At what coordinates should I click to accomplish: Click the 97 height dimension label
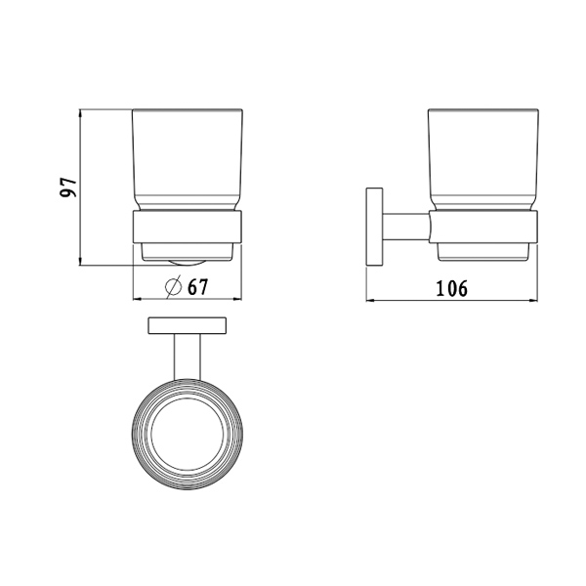tap(68, 188)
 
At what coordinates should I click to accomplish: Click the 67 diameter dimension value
tap(197, 287)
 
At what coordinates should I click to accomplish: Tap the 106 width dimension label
tap(452, 288)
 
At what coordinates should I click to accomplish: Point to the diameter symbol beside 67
tap(174, 287)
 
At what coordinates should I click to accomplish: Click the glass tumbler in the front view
tap(188, 160)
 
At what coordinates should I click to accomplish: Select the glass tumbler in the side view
tap(483, 160)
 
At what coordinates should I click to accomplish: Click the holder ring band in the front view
tap(188, 228)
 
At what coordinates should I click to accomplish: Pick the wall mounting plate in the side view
tap(374, 228)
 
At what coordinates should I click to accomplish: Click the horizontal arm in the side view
tap(406, 228)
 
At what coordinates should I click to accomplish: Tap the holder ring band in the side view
tap(483, 228)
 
